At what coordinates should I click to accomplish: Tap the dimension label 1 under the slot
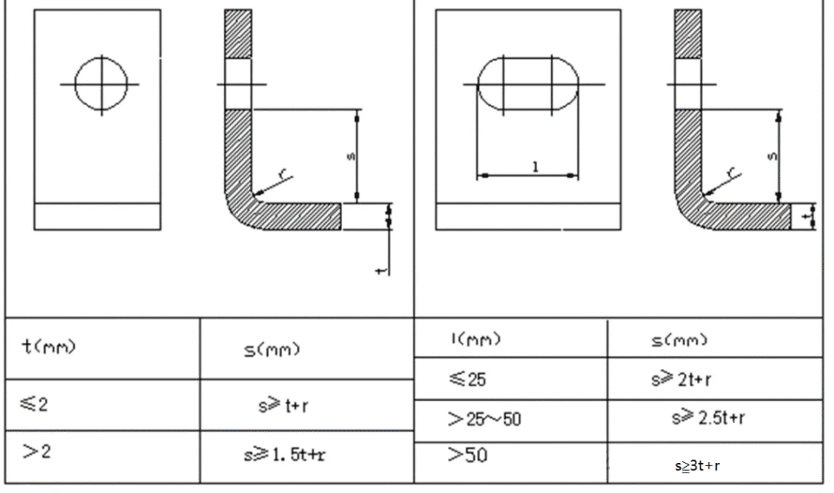536,167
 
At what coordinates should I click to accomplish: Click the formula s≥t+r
283,406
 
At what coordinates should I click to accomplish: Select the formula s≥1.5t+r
284,455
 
